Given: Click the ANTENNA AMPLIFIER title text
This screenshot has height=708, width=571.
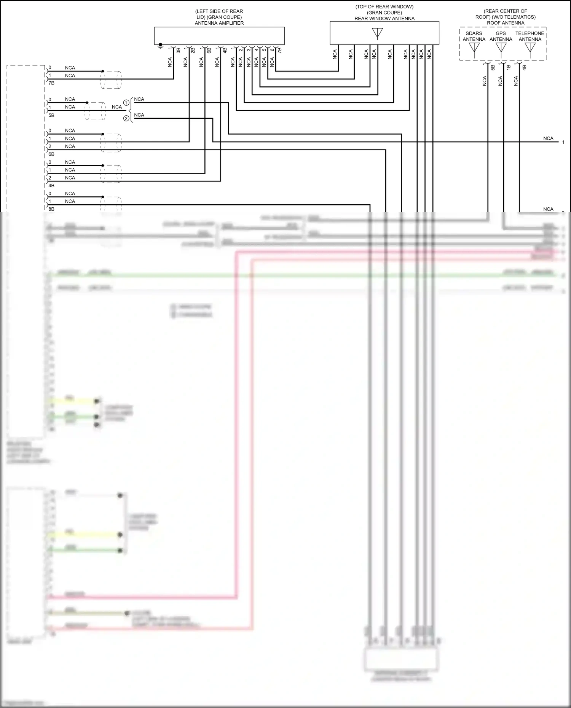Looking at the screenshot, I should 219,23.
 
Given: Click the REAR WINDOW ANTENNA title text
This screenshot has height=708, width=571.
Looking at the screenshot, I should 384,19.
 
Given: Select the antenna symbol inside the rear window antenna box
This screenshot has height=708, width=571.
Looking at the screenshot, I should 377,33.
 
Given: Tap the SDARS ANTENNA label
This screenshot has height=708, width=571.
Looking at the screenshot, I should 474,36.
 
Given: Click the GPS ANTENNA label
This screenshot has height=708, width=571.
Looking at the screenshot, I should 501,36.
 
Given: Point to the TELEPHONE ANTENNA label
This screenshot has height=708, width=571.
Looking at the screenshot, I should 530,36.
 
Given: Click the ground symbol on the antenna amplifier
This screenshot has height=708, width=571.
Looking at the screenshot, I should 160,46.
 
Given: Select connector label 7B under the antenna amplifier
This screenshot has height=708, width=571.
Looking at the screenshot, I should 280,50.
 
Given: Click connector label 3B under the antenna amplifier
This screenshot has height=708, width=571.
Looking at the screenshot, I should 178,50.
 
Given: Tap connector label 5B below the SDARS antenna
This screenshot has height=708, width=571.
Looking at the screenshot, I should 493,67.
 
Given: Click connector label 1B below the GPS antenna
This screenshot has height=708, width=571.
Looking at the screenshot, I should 509,67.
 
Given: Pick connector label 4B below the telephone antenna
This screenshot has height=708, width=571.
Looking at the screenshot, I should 524,67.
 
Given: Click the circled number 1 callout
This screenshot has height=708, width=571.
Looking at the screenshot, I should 126,103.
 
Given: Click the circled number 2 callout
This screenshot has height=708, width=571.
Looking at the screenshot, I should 126,119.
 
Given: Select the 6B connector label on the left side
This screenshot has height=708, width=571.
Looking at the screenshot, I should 51,154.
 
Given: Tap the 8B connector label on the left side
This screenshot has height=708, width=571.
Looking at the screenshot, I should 51,209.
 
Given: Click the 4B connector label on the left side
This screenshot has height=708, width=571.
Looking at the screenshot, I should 51,185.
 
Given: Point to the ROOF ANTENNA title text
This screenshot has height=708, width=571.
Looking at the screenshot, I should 505,23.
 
